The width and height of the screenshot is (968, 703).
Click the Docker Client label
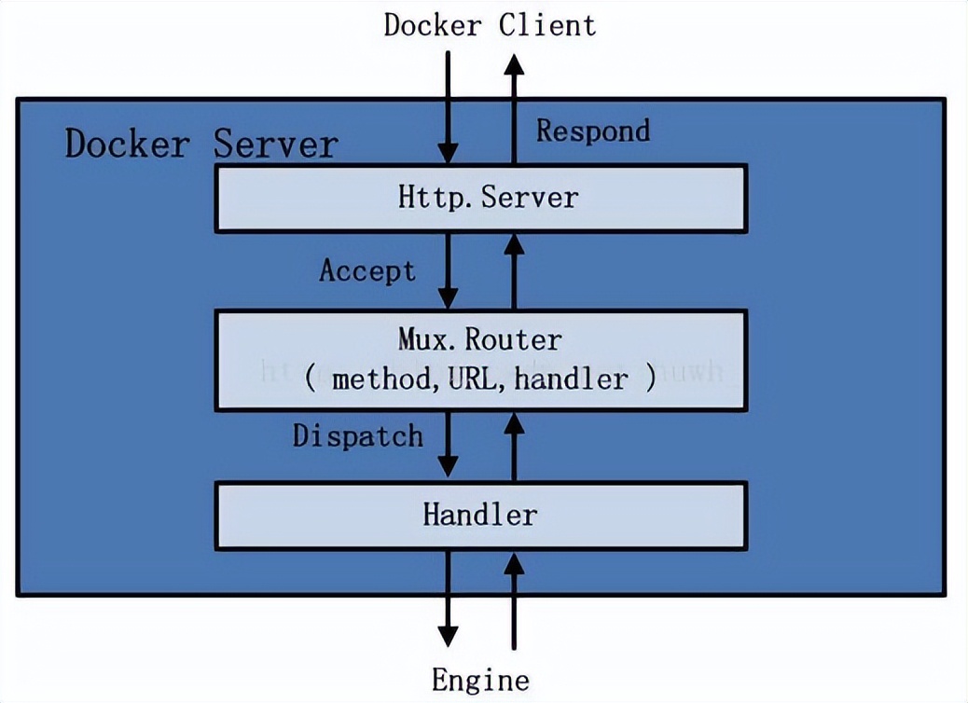click(x=489, y=24)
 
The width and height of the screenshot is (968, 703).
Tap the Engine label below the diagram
click(x=480, y=679)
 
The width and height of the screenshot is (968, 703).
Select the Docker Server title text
click(x=201, y=145)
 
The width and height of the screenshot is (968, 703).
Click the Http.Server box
click(x=480, y=199)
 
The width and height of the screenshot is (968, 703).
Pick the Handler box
click(x=480, y=515)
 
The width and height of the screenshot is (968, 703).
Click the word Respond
click(x=592, y=131)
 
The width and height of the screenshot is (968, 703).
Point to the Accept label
click(x=366, y=270)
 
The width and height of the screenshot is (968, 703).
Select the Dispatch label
click(x=357, y=435)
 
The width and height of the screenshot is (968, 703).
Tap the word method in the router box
click(x=375, y=379)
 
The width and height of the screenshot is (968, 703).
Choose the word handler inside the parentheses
click(x=571, y=379)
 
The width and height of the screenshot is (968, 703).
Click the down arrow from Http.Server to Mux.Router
click(x=449, y=270)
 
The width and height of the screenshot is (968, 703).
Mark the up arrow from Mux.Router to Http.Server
click(x=512, y=270)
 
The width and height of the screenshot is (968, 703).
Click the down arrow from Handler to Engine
click(x=449, y=597)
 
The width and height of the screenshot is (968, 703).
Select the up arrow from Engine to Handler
click(x=512, y=597)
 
